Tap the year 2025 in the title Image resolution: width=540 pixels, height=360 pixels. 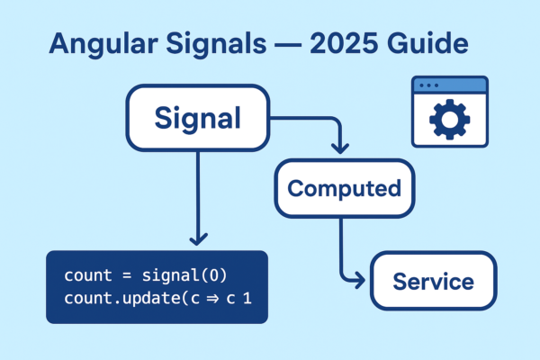(355, 46)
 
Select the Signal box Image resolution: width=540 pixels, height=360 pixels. (199, 117)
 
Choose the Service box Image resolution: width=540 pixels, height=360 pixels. (433, 281)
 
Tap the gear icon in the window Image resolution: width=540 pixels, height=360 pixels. (448, 119)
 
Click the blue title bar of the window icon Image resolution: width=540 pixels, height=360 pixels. (448, 85)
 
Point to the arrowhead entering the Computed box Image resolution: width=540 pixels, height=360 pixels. (338, 148)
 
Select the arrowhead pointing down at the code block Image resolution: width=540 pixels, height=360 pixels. (199, 239)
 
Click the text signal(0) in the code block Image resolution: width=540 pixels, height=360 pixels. (176, 274)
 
